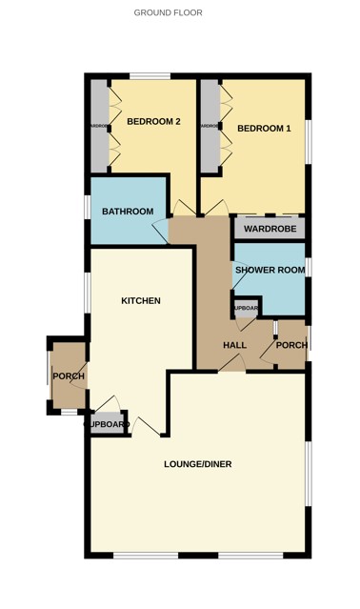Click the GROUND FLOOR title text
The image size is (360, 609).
[168, 13]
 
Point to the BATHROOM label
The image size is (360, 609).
[129, 212]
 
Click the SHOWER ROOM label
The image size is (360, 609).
[270, 271]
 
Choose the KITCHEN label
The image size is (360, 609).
[140, 301]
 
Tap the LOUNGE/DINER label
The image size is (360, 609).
[198, 464]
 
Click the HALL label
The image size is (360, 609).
[234, 345]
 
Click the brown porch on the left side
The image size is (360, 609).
[68, 376]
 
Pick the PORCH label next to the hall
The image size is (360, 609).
[291, 345]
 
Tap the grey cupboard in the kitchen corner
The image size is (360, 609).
[108, 424]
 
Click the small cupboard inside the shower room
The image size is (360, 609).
[246, 309]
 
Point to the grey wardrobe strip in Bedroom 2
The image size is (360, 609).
[99, 126]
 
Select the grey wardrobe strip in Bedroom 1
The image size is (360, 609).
[209, 126]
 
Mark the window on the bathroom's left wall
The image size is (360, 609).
[88, 207]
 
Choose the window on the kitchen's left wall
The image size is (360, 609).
[88, 287]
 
